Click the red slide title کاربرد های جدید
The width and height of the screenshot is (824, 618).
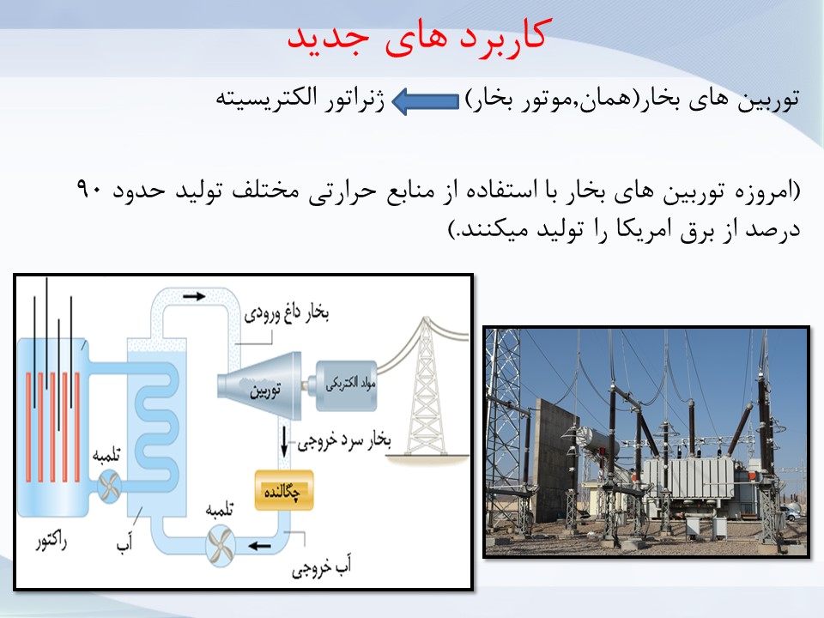pos(418,37)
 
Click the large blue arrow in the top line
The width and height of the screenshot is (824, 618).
pos(426,101)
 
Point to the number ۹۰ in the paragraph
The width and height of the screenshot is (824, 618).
pos(88,189)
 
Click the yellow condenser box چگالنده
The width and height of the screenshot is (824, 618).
pos(284,490)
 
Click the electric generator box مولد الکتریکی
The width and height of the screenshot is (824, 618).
pos(346,385)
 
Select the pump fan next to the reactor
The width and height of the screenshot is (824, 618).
pos(109,487)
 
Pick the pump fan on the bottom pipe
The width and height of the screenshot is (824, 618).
pos(220,546)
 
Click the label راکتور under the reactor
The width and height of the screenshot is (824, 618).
pos(51,542)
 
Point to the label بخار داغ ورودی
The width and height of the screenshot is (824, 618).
pos(287,314)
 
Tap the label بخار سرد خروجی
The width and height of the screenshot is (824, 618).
pos(344,441)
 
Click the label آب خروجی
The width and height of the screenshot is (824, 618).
pos(322,566)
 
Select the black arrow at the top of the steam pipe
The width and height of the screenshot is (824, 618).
pos(194,296)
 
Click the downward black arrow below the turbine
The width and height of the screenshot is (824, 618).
pos(284,441)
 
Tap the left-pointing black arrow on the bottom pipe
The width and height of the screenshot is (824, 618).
pos(259,546)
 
